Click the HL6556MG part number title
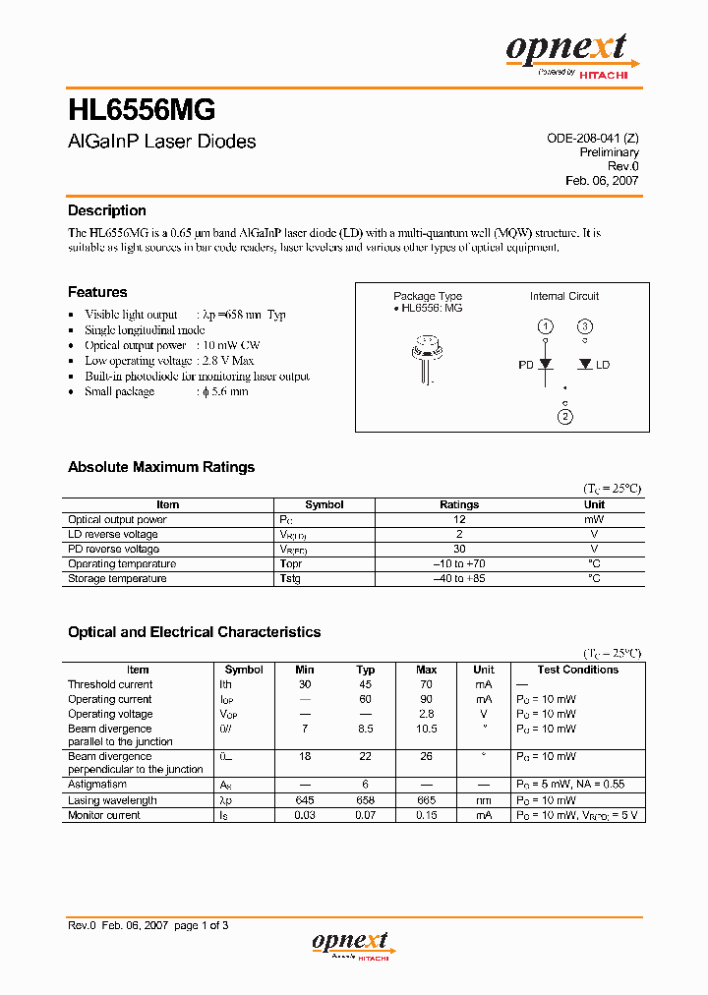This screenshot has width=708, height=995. coord(142,108)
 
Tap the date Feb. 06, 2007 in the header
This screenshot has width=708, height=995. coord(602,181)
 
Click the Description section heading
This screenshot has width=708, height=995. coord(106,210)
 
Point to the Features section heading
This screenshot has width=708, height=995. coord(97,292)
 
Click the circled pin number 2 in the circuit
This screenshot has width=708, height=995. coord(564,417)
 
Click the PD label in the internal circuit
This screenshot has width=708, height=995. coord(525,365)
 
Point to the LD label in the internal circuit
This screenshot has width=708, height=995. coord(603,365)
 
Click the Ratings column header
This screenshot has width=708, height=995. coord(459,504)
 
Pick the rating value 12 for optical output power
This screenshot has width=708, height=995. coord(459,519)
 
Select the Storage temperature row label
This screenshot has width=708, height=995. coord(117,578)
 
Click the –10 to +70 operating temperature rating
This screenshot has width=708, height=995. coord(459,563)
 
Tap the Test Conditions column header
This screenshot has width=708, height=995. coord(578,670)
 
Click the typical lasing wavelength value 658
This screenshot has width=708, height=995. coord(366,800)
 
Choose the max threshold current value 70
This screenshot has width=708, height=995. coord(427,684)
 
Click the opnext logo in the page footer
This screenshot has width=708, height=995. coord(351,944)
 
